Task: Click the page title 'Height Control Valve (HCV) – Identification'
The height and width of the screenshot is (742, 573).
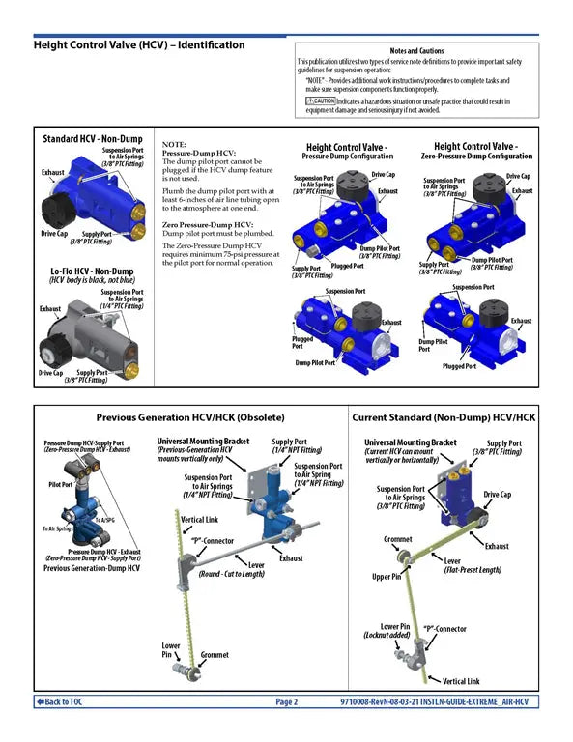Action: [139, 44]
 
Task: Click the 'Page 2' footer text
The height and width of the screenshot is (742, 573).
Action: [287, 701]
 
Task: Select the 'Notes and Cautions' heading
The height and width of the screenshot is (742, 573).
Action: [416, 50]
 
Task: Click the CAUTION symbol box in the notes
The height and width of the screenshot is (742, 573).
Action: [320, 100]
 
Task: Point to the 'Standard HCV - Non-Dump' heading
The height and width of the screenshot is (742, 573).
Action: [92, 139]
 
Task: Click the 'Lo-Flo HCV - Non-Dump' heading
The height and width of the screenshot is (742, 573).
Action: [91, 271]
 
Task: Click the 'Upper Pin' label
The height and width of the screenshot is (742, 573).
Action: [387, 578]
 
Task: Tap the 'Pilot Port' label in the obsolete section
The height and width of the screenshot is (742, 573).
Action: [60, 484]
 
